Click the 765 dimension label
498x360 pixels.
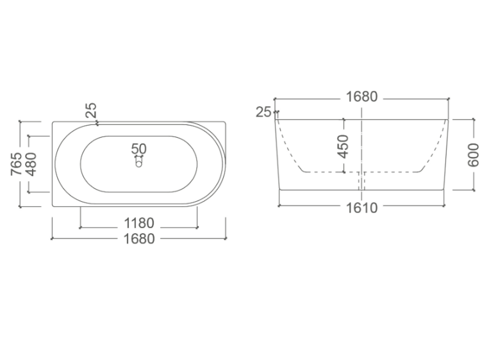point(16,164)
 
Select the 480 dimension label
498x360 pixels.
point(31,164)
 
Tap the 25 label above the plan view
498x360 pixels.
point(91,110)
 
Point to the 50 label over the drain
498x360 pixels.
point(139,149)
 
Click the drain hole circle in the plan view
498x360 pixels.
point(139,164)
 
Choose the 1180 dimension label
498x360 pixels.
point(139,223)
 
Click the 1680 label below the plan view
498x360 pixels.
point(139,239)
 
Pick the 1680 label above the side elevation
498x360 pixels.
point(361,97)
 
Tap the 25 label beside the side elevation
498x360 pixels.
point(263,111)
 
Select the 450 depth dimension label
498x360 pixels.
point(344,146)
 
